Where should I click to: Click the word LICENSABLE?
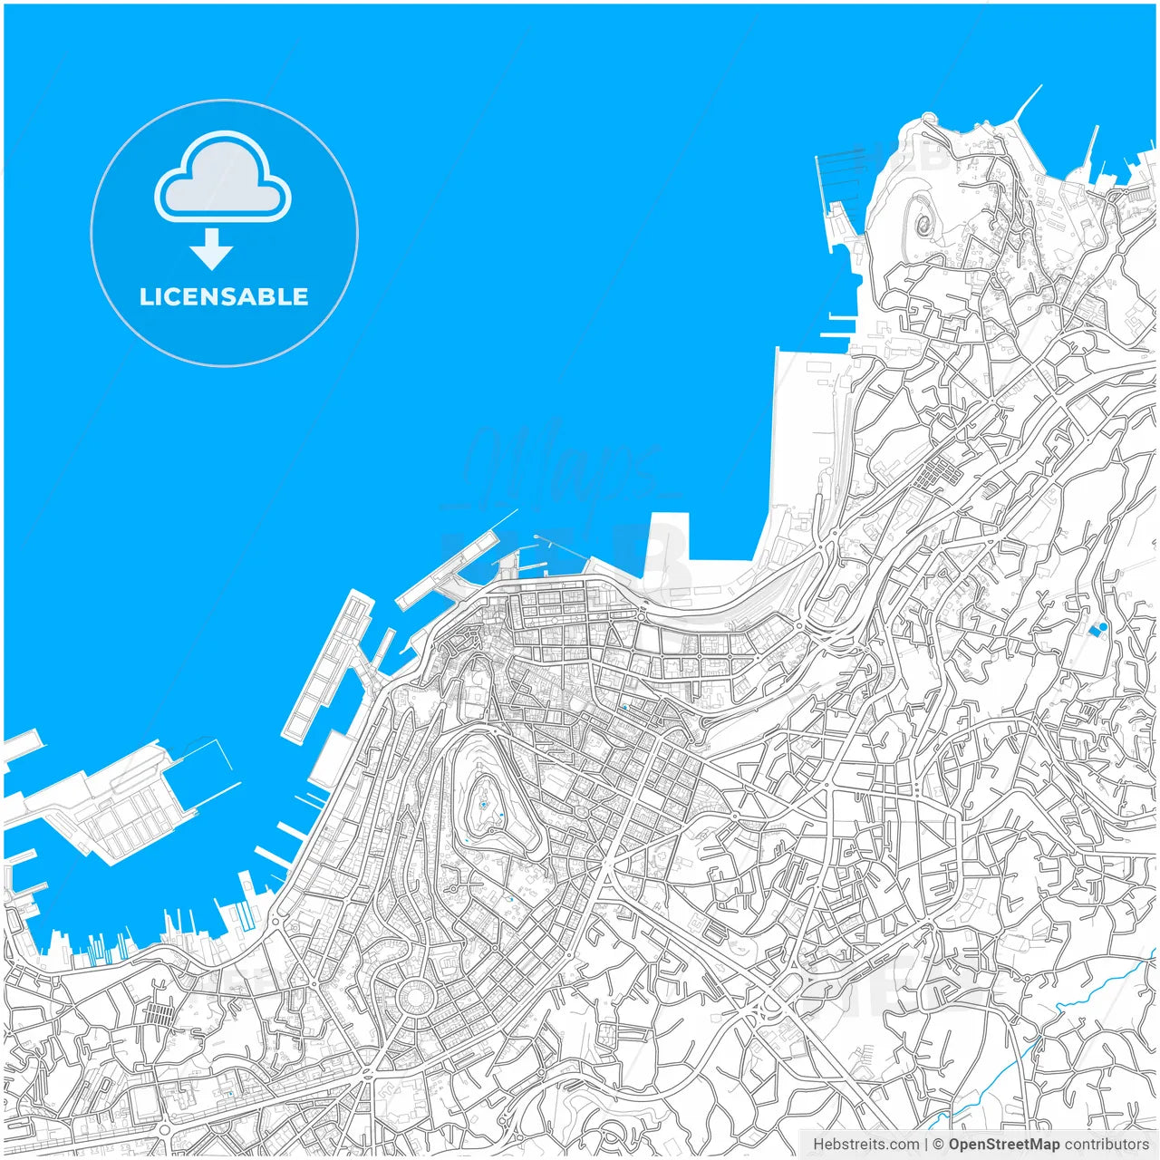point(224,296)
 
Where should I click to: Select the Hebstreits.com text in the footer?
point(865,1145)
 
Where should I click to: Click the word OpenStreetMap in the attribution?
point(1003,1145)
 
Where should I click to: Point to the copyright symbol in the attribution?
point(938,1145)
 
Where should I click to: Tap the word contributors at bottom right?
point(1106,1145)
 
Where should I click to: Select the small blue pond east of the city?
point(1099,628)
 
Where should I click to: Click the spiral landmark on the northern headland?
point(925,221)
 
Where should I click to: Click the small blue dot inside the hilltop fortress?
point(484,804)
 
